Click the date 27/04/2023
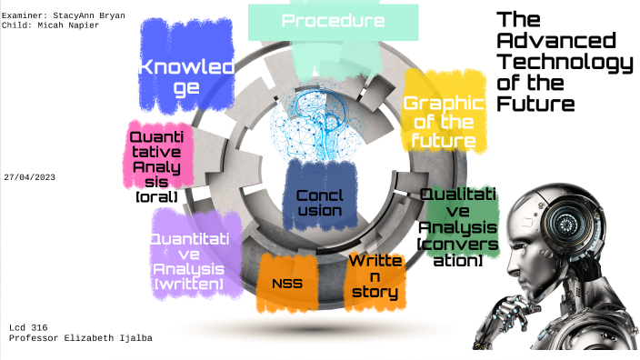(x=30, y=177)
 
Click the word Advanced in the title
(x=556, y=40)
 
